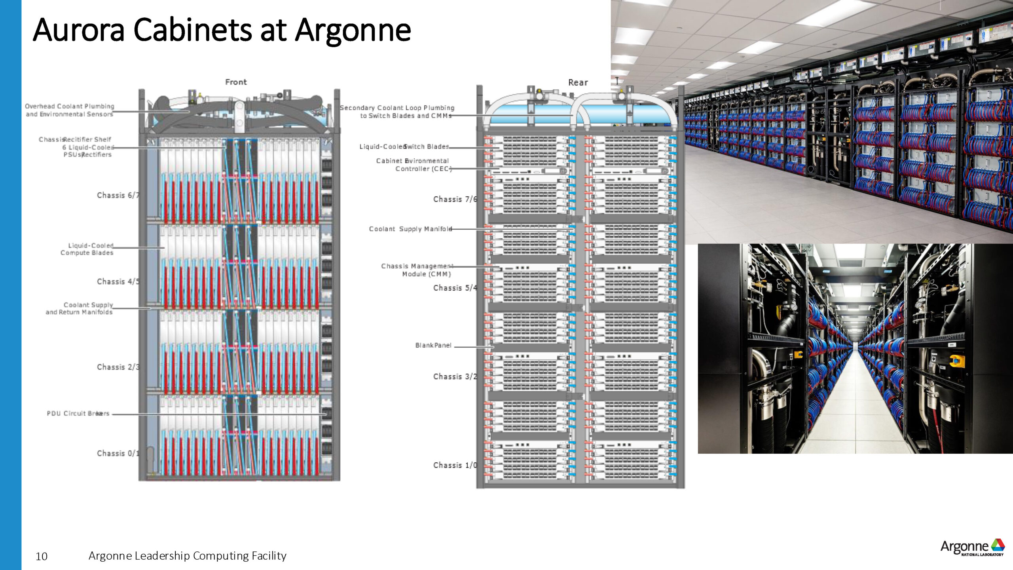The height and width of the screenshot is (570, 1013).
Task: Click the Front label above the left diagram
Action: tap(236, 82)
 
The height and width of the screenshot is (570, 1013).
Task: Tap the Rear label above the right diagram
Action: tap(578, 82)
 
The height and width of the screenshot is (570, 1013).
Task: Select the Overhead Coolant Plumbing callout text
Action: tap(70, 110)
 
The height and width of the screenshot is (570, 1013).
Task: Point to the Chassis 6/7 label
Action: tap(118, 195)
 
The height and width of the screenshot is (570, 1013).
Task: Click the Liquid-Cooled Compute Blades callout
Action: tap(87, 249)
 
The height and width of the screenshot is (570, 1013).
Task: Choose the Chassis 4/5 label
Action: tap(118, 281)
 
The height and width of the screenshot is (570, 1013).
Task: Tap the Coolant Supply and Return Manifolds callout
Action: tap(80, 308)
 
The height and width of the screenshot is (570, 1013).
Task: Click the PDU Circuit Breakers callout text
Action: tap(78, 413)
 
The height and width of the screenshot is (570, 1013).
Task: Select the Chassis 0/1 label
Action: tap(118, 453)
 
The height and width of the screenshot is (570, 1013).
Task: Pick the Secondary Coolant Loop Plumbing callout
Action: tap(397, 112)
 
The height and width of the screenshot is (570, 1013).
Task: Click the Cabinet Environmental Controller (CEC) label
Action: tap(413, 165)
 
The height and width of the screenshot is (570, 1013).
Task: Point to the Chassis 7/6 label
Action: tap(455, 199)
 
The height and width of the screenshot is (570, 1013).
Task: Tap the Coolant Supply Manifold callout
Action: tap(410, 229)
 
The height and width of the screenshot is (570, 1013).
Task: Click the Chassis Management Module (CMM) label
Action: tap(417, 270)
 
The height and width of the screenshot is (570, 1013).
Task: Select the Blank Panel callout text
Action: tap(433, 345)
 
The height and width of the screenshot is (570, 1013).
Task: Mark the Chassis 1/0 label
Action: tap(455, 465)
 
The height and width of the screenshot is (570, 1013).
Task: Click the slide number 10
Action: tap(42, 557)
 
